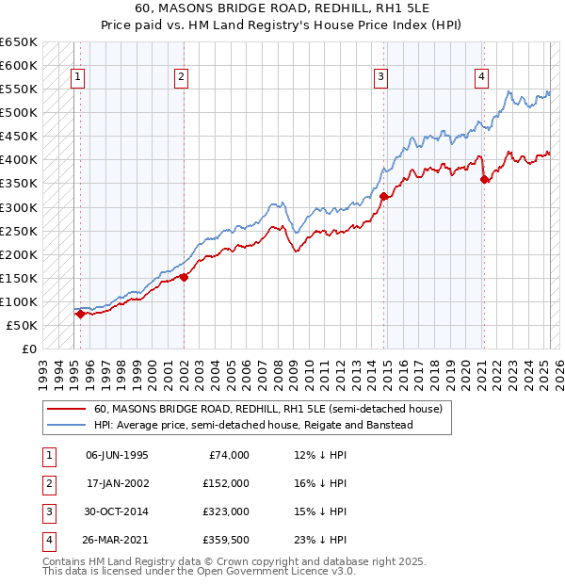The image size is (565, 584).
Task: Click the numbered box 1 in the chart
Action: pos(75,77)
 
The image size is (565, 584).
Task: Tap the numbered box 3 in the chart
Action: pos(380,77)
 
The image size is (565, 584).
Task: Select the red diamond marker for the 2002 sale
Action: pos(184,277)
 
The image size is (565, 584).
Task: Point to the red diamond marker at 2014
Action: pos(384,196)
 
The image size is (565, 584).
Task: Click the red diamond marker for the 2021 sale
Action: pos(484,179)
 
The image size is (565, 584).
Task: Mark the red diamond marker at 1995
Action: pos(80,314)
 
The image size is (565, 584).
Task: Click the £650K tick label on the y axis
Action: pos(19,42)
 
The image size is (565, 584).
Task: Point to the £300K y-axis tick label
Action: pos(19,207)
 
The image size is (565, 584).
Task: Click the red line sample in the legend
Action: pos(67,409)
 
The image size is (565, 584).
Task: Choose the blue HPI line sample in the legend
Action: pos(67,425)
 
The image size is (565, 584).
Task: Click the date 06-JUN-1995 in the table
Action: pos(117,455)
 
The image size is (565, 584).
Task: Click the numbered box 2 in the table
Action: pos(47,483)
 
